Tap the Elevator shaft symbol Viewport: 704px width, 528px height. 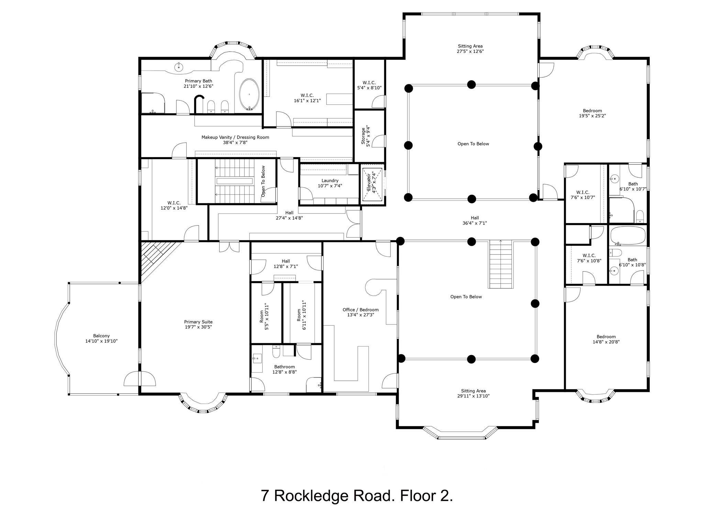coord(372,185)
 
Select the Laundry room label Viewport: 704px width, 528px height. coord(330,183)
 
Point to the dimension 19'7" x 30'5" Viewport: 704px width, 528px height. coord(198,327)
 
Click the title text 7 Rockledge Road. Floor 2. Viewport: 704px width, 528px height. coord(357,496)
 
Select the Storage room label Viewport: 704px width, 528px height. coord(365,136)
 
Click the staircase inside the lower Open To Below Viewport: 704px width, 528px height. coord(501,264)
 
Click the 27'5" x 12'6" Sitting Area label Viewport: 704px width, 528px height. coord(470,48)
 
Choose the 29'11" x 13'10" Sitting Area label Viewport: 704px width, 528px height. coord(473,393)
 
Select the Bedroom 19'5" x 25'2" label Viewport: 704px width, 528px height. coord(592,113)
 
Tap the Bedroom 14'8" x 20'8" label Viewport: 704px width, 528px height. coord(606,339)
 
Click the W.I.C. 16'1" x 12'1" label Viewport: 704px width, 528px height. coord(307,98)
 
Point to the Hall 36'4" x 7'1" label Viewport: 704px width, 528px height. coord(475,220)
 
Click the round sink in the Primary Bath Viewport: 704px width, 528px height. coord(178,67)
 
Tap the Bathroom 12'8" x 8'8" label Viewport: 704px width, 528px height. coord(285,369)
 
